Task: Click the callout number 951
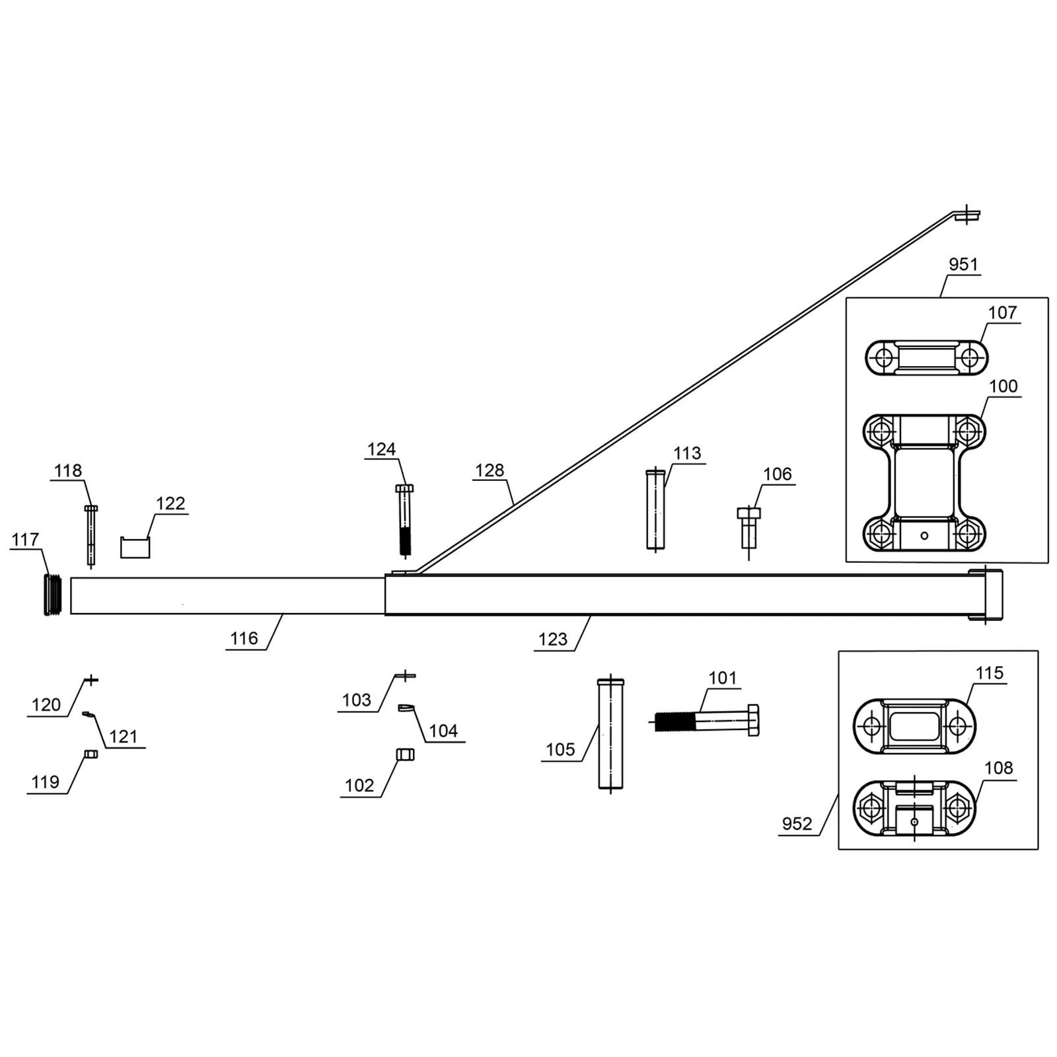click(963, 264)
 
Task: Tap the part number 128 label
click(489, 470)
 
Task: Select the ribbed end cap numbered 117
click(52, 595)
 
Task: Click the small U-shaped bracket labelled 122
click(135, 548)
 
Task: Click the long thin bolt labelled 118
click(91, 536)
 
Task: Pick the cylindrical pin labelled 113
click(655, 509)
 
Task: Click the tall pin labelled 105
click(610, 733)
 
